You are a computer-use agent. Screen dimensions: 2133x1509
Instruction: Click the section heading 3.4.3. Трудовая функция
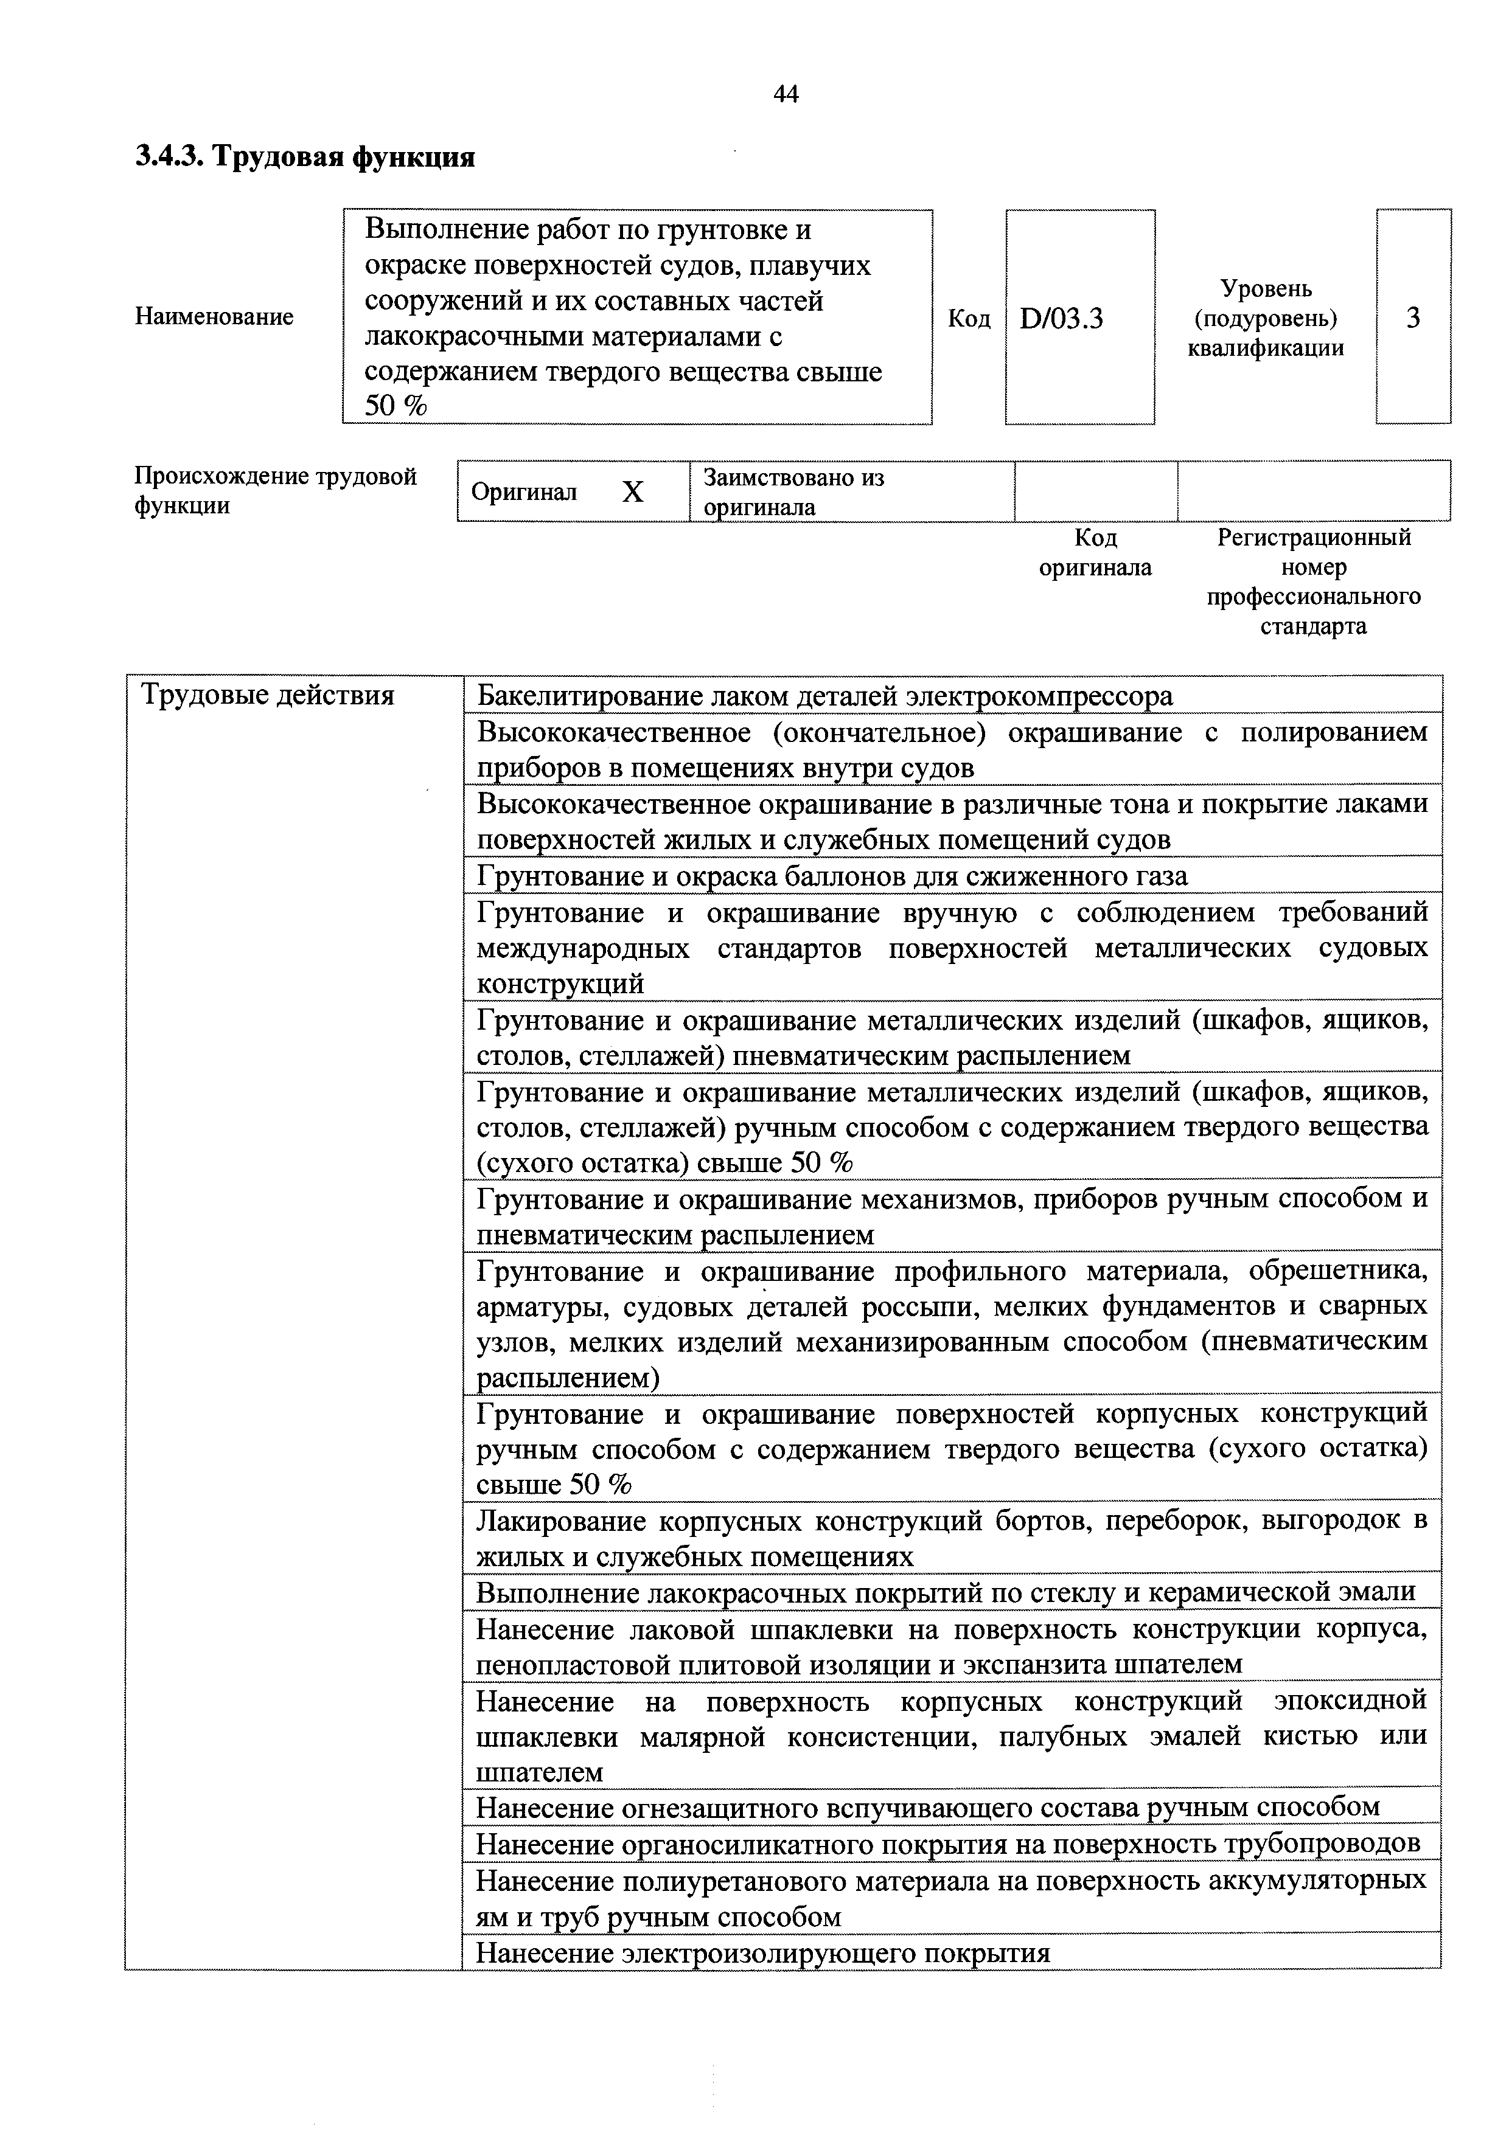[305, 157]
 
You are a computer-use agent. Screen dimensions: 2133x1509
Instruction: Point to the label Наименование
[215, 317]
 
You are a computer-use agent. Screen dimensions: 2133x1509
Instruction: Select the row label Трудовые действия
[268, 695]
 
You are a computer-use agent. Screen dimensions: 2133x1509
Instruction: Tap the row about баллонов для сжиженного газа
[832, 876]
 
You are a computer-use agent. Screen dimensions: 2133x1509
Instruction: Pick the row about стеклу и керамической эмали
[945, 1592]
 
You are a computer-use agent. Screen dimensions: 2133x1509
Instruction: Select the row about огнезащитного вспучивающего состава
[927, 1807]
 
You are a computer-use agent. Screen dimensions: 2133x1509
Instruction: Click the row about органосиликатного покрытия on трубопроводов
[948, 1843]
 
